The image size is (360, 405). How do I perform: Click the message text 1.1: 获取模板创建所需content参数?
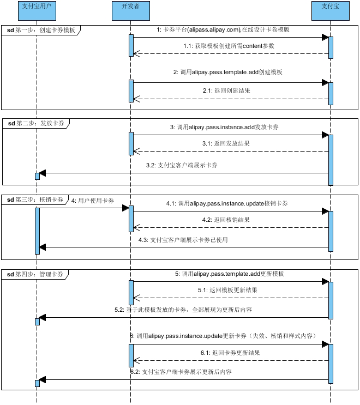coord(229,46)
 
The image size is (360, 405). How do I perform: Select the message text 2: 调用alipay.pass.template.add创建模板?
coord(227,72)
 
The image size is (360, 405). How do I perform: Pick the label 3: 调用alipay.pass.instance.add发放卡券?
coord(227,126)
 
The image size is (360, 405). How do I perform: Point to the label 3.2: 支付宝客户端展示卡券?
coord(182,165)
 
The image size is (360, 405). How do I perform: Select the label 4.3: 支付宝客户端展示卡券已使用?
coord(182,240)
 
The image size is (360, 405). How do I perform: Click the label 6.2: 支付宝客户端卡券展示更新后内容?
coord(181,372)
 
